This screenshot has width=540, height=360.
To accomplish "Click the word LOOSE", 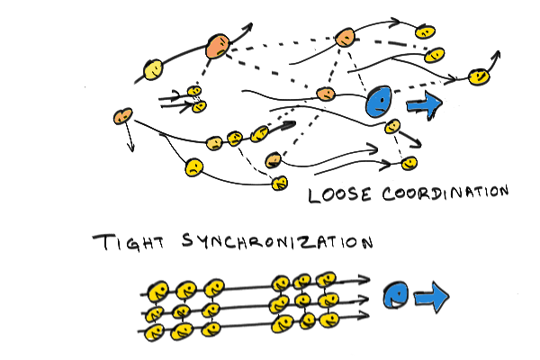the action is point(339,194).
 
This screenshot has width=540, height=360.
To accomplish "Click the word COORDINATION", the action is point(445,193).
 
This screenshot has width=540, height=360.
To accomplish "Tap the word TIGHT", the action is point(130,242).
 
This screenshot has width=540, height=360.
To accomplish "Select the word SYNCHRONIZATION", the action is point(277,241).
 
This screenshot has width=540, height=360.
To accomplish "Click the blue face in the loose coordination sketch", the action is point(379,102).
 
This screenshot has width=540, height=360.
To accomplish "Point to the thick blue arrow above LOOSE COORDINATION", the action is point(424,104).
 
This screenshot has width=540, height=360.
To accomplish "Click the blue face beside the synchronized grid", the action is point(396,295).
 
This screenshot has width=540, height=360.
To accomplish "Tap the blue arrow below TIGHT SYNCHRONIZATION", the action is point(432,297).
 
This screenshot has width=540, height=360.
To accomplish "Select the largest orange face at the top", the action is point(218,46).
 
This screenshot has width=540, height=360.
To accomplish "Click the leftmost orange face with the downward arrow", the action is point(122,116).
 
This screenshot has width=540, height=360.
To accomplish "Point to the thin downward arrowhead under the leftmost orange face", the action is point(130,148).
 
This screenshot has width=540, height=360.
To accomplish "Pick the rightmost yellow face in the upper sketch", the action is point(479,76).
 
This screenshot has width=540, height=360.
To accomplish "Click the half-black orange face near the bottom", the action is point(274,160).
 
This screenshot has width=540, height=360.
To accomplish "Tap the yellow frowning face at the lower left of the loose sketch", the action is point(193,167).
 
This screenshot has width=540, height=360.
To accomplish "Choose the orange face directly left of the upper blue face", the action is point(326,94).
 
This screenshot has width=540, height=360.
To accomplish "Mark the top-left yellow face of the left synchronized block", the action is point(157,292).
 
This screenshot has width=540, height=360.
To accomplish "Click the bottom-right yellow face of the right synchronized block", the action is point(329,320).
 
